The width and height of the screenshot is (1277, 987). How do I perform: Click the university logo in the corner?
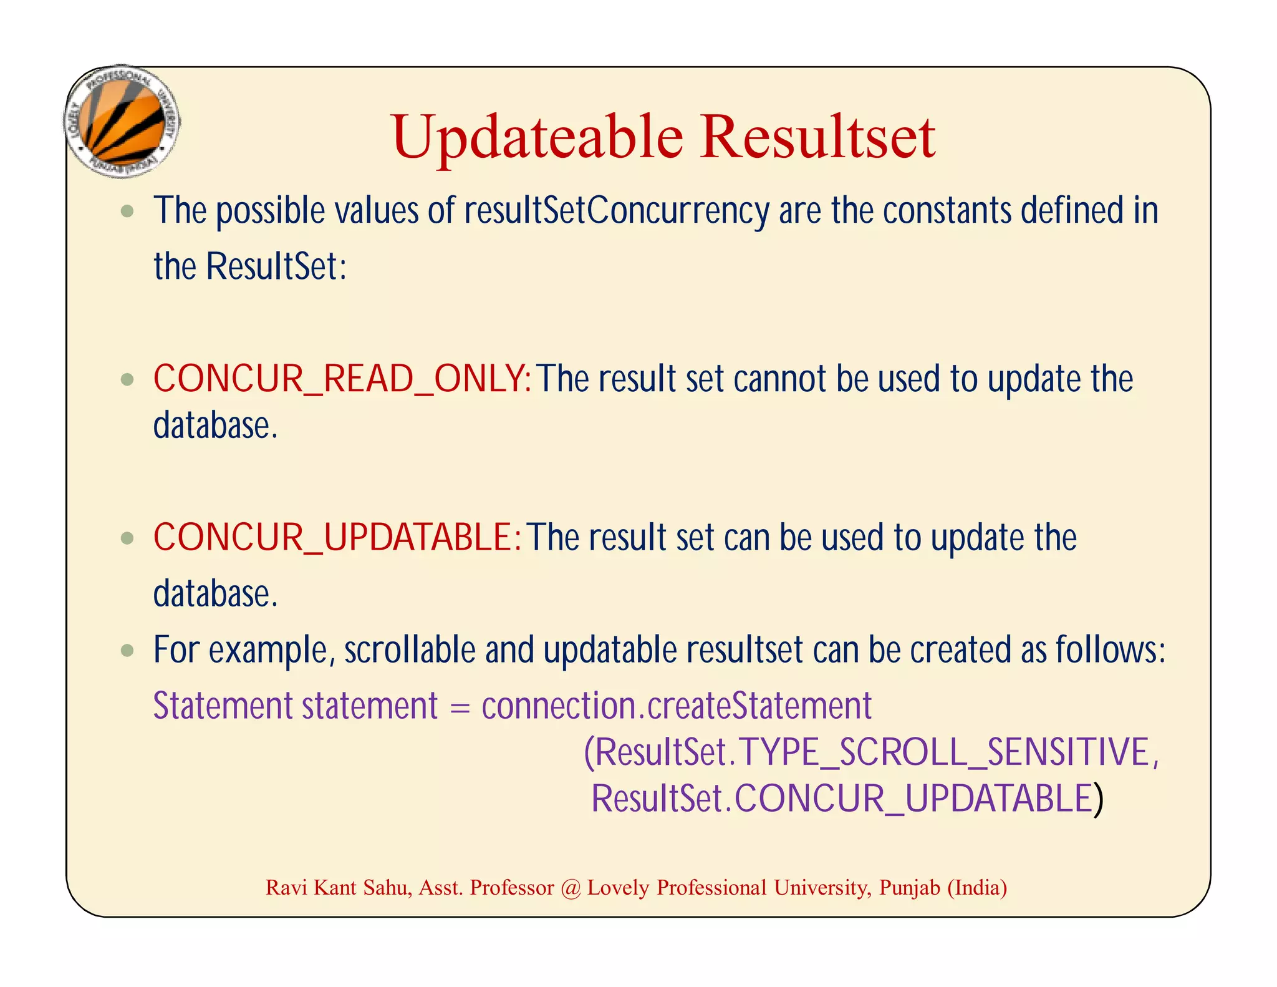click(122, 122)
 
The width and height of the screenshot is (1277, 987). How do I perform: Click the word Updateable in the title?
click(537, 139)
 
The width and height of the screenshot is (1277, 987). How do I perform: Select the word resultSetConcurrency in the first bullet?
click(617, 211)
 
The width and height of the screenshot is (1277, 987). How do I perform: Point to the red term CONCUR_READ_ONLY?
click(341, 379)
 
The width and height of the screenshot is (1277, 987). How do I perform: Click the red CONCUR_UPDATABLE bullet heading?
click(336, 537)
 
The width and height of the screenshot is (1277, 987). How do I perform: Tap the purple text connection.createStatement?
click(676, 706)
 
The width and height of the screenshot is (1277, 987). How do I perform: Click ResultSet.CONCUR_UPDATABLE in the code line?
click(842, 799)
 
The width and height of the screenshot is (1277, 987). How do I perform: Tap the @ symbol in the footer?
click(571, 888)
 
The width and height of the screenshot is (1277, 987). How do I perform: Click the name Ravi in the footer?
click(286, 887)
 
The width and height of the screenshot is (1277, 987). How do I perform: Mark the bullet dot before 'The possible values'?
click(128, 211)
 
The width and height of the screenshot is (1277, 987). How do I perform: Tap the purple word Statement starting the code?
click(223, 706)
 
